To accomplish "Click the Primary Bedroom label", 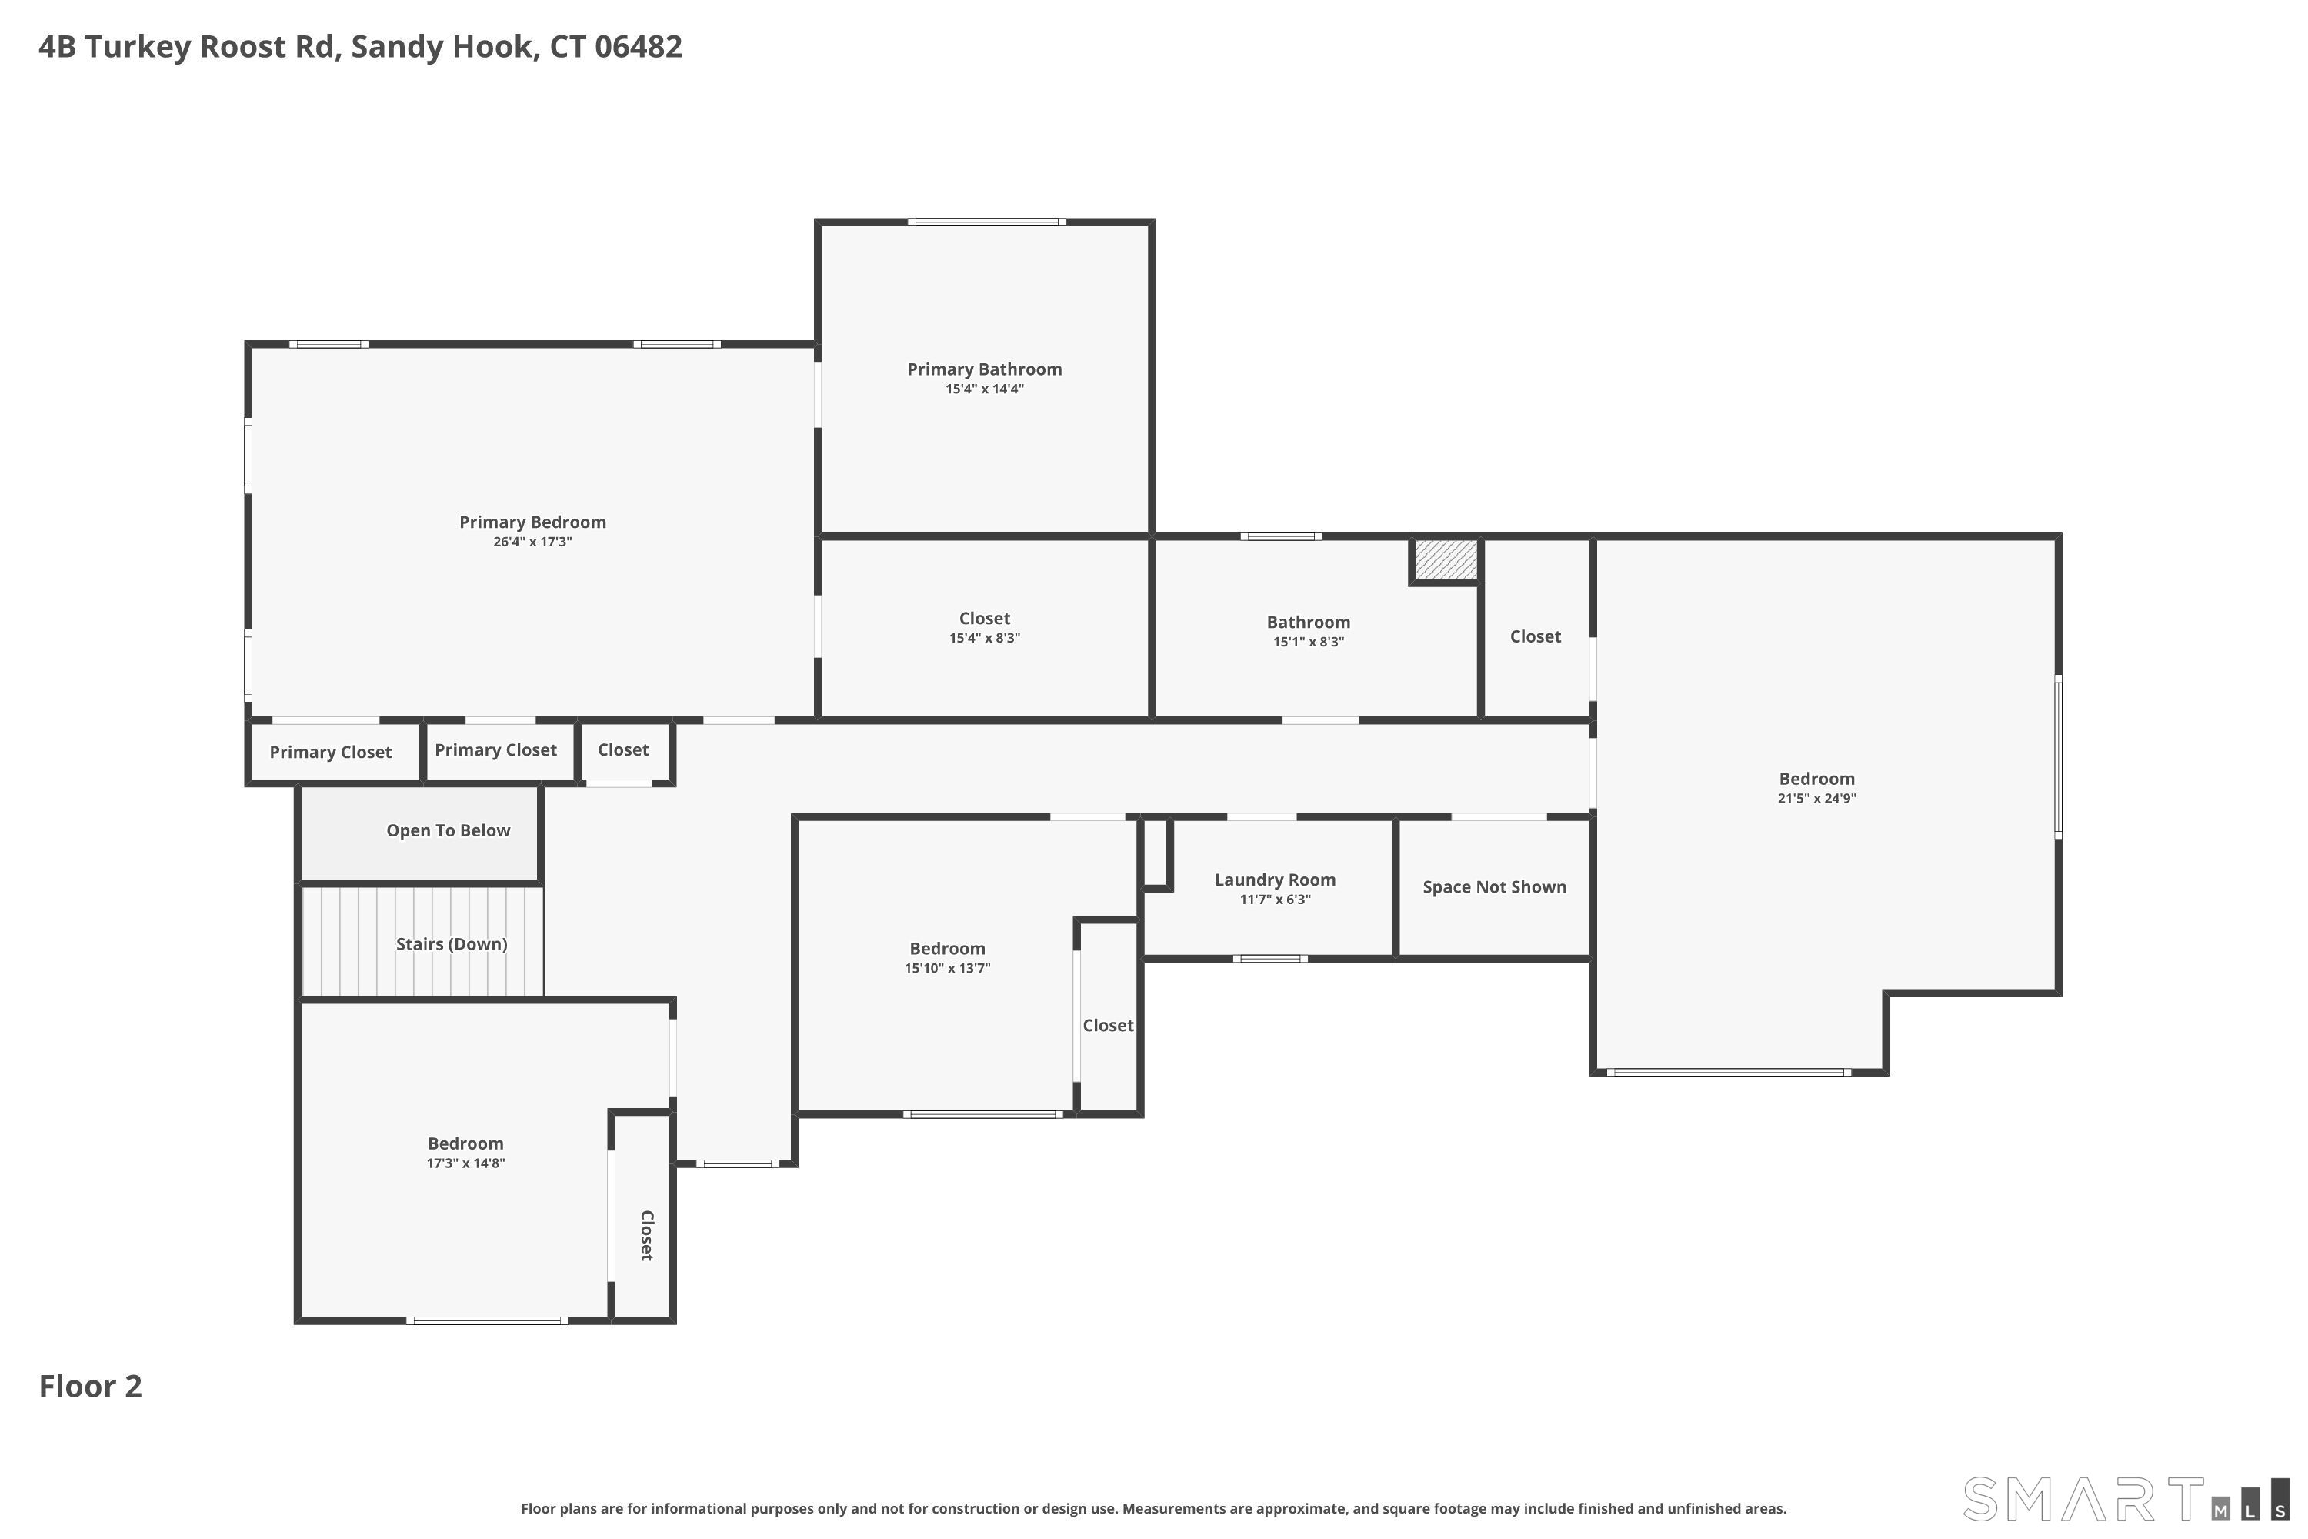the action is (x=533, y=522).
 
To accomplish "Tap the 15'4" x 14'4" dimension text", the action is (x=984, y=389).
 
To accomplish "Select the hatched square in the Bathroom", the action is (x=1446, y=559).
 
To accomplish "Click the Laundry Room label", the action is (x=1275, y=880).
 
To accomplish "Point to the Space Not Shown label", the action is (x=1495, y=887).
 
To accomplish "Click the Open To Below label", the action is (x=449, y=830).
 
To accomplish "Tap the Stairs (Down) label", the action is (x=452, y=944).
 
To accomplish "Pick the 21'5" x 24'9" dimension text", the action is (x=1816, y=798).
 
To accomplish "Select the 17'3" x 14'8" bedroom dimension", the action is (x=465, y=1163).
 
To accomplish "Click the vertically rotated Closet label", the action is (x=647, y=1235).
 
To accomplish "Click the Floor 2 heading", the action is (x=90, y=1386).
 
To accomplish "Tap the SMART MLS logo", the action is (x=2126, y=1500).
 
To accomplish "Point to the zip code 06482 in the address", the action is (x=638, y=46).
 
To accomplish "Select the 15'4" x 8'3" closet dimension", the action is (x=984, y=638).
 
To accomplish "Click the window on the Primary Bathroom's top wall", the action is (x=986, y=222).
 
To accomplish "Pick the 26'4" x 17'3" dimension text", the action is (x=533, y=542).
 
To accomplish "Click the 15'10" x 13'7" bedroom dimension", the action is (x=947, y=969).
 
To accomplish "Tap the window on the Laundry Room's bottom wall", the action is (x=1270, y=959).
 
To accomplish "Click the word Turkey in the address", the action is (x=138, y=47).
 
